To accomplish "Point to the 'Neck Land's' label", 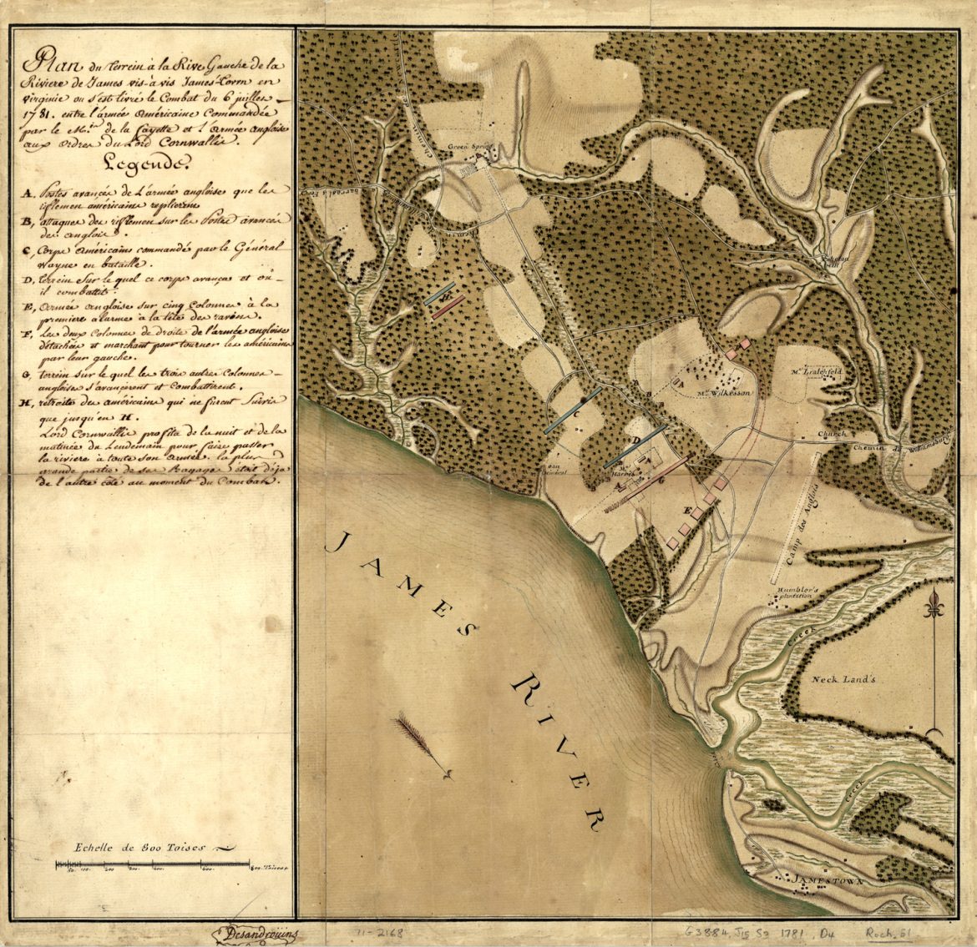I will tap(842, 678).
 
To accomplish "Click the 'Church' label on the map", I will tap(831, 434).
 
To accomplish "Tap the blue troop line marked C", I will tap(572, 410).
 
